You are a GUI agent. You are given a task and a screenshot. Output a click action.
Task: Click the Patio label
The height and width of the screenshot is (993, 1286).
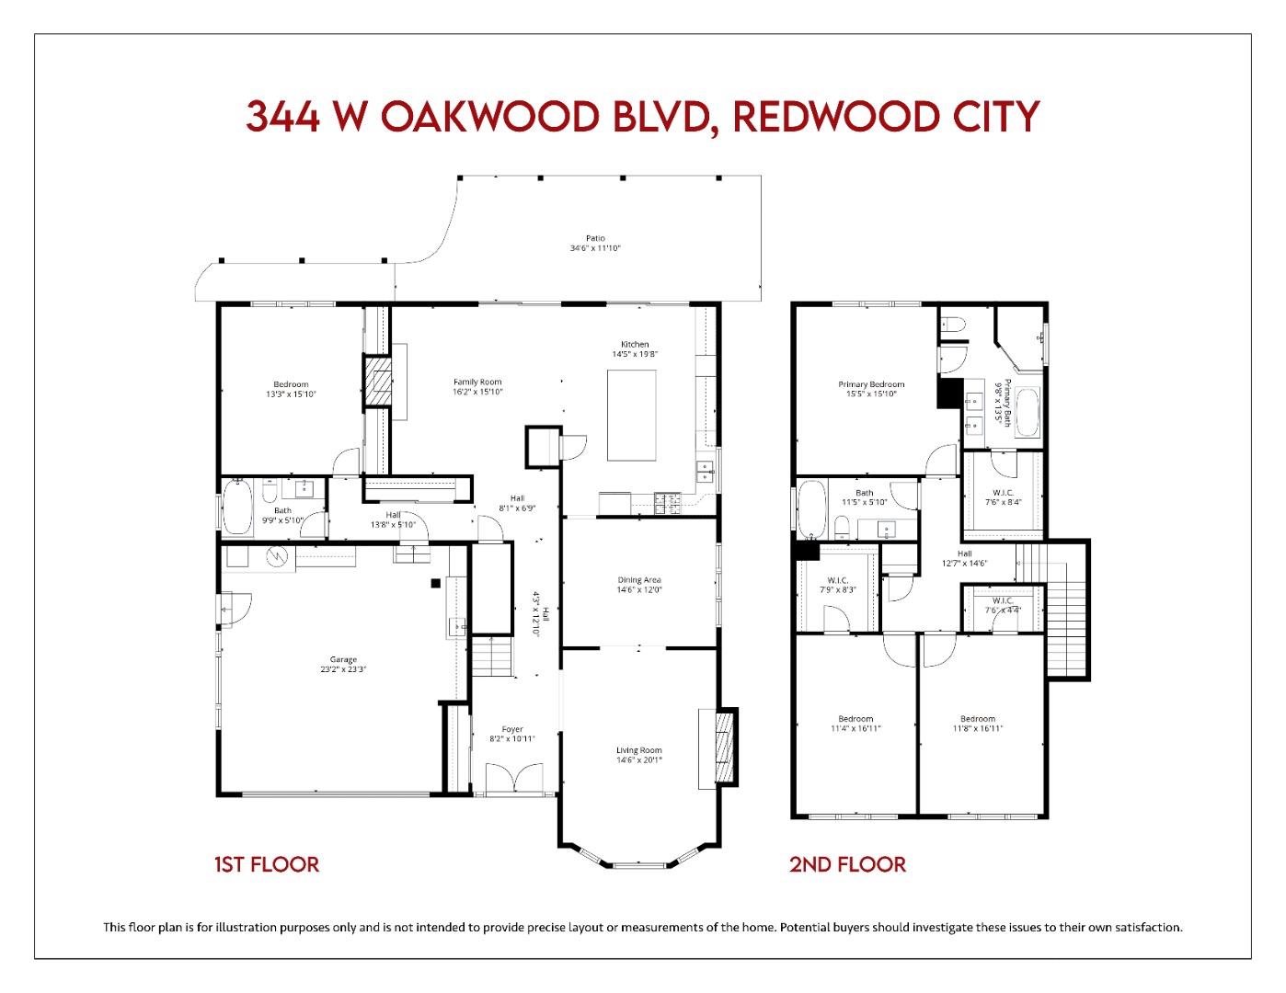click(x=595, y=239)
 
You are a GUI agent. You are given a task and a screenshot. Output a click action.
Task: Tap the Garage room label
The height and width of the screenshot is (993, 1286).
click(x=343, y=659)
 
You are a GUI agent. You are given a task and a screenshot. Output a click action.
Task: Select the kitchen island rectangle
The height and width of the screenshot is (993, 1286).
click(x=632, y=415)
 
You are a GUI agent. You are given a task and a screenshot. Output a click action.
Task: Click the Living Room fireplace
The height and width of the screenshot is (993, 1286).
click(x=727, y=747)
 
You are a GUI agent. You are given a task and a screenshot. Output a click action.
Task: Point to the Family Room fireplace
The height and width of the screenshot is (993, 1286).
click(x=377, y=381)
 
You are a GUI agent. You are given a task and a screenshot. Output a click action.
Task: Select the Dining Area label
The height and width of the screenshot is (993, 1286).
click(x=638, y=580)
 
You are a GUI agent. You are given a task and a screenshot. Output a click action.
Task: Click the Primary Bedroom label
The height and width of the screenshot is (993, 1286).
click(x=870, y=384)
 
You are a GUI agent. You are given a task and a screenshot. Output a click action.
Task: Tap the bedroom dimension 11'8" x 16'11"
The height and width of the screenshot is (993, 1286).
click(x=977, y=728)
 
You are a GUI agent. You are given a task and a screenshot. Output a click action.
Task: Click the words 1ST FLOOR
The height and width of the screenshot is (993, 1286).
click(x=266, y=864)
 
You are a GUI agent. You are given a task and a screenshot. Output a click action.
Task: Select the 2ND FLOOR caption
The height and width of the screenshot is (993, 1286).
click(x=847, y=864)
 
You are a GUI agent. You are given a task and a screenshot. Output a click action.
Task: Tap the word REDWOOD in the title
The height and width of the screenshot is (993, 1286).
click(x=821, y=117)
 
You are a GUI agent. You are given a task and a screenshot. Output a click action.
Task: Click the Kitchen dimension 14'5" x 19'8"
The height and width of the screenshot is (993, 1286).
click(x=635, y=354)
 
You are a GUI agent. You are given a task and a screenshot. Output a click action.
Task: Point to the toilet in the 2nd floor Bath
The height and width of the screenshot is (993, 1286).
click(x=843, y=528)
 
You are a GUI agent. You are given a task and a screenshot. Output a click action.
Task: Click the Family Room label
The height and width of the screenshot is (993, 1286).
click(x=477, y=382)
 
